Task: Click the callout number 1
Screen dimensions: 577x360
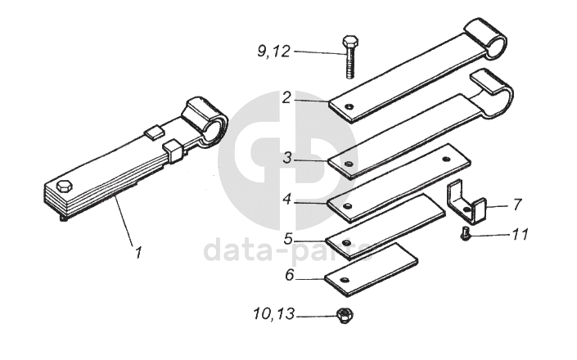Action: point(138,253)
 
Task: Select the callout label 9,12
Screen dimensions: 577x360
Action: point(273,52)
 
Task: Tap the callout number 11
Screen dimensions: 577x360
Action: point(521,235)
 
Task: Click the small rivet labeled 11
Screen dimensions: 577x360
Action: point(466,235)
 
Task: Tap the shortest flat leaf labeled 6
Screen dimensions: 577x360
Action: point(371,268)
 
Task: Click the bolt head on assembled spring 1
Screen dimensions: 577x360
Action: point(65,185)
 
